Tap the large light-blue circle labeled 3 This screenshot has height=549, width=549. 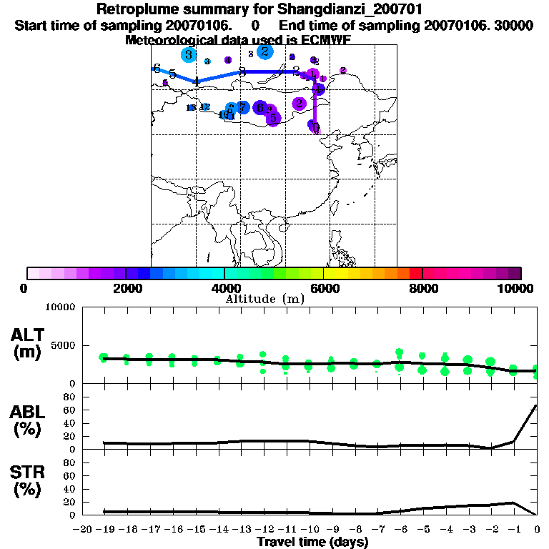[188, 54]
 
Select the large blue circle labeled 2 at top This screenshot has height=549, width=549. [264, 51]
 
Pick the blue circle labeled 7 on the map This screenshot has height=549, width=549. [242, 107]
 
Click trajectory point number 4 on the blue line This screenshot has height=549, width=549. [196, 81]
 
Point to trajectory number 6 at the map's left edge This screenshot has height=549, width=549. [157, 68]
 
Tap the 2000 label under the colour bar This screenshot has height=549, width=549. [125, 288]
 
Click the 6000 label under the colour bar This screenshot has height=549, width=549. [323, 288]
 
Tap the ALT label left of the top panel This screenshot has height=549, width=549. [27, 335]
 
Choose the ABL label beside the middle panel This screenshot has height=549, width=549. [27, 412]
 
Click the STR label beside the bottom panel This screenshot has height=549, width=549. [27, 473]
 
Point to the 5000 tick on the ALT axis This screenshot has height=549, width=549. [64, 345]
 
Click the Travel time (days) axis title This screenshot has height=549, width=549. [312, 542]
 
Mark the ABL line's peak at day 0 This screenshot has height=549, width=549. [536, 406]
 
